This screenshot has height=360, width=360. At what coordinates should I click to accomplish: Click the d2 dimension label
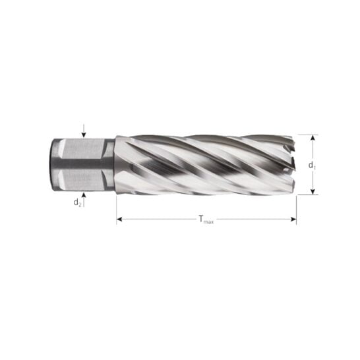click(x=77, y=202)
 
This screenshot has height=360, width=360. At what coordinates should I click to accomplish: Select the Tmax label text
click(x=206, y=221)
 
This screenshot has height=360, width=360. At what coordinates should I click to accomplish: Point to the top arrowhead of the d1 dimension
click(x=313, y=138)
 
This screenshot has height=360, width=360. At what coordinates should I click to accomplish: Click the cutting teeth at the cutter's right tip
click(x=287, y=165)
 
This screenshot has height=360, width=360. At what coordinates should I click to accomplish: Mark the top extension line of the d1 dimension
click(x=307, y=135)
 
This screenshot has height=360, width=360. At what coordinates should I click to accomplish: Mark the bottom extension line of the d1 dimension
click(x=307, y=195)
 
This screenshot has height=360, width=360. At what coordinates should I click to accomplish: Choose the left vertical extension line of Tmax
click(x=117, y=211)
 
